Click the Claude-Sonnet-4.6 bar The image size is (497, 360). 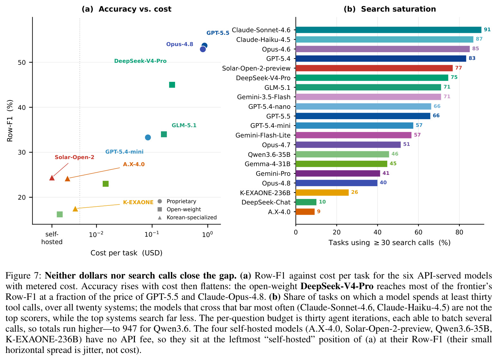389,30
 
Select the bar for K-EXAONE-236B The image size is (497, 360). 322,193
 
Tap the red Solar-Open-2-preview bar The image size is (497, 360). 374,68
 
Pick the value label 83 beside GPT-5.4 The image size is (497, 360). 472,58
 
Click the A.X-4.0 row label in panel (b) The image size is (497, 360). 279,212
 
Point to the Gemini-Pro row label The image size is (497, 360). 273,174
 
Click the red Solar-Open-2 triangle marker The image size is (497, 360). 52,177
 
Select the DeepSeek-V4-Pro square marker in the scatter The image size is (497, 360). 172,85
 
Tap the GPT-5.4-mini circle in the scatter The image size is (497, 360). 148,137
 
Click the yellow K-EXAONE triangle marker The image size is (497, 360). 75,209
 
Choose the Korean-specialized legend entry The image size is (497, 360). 187,217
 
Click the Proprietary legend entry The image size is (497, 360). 177,201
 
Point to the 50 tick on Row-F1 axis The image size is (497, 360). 22,62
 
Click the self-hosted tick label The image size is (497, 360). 52,238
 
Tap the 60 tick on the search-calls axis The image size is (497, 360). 418,232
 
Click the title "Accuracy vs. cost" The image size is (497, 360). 135,9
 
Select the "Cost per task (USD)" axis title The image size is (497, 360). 127,253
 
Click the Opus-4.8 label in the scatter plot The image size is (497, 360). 180,44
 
